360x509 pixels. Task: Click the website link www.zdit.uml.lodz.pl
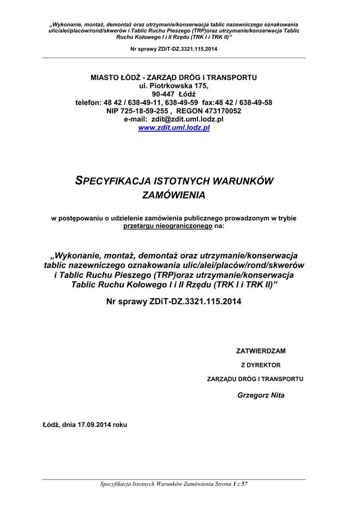(x=174, y=128)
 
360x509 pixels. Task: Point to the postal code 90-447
(x=162, y=94)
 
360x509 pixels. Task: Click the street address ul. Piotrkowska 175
(x=174, y=85)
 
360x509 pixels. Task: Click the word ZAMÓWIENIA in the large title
(x=174, y=195)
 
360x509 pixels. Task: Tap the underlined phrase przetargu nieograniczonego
(x=162, y=226)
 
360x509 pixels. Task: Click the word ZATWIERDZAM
(x=261, y=351)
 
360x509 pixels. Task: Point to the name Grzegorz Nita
(x=261, y=395)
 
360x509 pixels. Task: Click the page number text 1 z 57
(x=240, y=484)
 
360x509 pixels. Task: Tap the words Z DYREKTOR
(x=261, y=365)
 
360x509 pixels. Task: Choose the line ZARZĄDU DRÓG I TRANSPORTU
(x=255, y=379)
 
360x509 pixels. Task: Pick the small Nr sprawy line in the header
(x=174, y=49)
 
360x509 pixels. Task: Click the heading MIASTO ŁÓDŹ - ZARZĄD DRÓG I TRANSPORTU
(x=174, y=77)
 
